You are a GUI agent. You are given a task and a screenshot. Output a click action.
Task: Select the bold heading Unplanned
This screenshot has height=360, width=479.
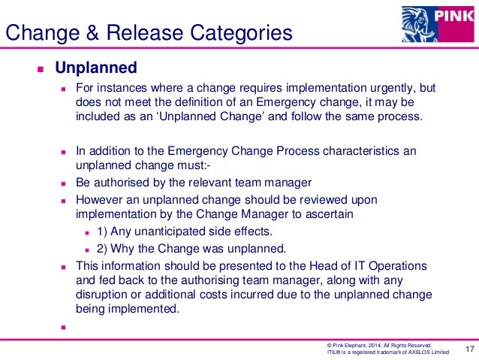point(96,68)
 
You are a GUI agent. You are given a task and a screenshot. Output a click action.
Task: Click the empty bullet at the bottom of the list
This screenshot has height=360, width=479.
point(63,326)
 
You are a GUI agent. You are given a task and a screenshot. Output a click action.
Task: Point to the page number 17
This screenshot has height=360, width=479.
point(471,348)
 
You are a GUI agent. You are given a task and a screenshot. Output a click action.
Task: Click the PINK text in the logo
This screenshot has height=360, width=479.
point(456,15)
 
